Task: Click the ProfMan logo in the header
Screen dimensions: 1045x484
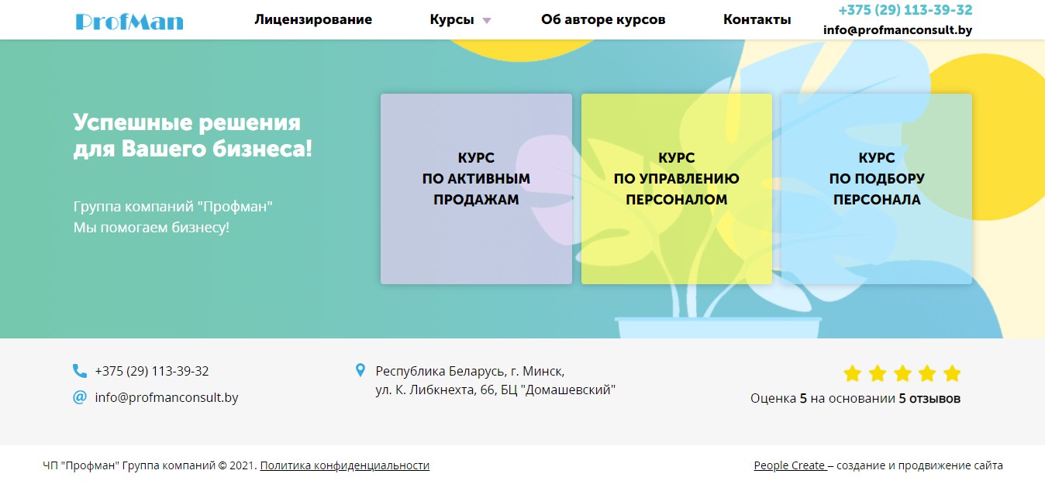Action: click(x=129, y=22)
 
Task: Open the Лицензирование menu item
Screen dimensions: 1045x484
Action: click(x=313, y=19)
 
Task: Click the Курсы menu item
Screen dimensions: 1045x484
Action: click(x=452, y=19)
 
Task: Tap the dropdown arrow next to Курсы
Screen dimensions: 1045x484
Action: click(x=487, y=20)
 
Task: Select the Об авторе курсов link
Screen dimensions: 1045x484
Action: click(x=603, y=19)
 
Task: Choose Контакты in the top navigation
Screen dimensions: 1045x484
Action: click(x=757, y=19)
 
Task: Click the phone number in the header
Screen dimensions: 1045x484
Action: click(x=905, y=10)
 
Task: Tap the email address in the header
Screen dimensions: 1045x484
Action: click(x=898, y=29)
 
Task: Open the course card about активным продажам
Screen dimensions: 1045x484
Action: click(x=476, y=189)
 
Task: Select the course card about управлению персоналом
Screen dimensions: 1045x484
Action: click(x=677, y=189)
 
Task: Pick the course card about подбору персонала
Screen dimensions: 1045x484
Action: click(x=877, y=189)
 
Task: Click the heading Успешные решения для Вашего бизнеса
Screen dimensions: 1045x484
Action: click(x=193, y=136)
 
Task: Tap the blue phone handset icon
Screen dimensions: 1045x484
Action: click(x=80, y=371)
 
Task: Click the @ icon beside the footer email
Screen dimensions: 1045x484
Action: click(x=80, y=397)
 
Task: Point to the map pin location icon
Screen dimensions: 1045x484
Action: click(x=360, y=370)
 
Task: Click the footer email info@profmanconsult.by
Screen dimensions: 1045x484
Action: click(x=167, y=397)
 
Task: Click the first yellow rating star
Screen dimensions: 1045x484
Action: click(x=852, y=373)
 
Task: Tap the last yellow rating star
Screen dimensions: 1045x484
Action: click(x=952, y=373)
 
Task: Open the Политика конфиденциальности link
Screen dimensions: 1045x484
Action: click(x=345, y=465)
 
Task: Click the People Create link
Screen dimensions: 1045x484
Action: click(x=789, y=465)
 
